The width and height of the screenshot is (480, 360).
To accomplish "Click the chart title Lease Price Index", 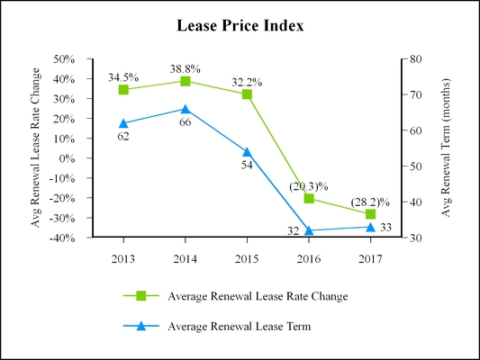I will [x=240, y=26].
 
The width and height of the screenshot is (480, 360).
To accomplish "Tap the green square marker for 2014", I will [x=186, y=81].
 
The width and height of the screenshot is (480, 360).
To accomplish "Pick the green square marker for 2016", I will [x=309, y=198].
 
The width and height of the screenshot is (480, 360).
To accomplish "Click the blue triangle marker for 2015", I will [x=247, y=152].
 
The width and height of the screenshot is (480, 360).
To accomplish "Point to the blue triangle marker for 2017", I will [x=370, y=227].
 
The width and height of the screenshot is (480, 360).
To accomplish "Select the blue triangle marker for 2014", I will [x=186, y=109].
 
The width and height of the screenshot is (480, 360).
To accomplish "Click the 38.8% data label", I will [x=185, y=68].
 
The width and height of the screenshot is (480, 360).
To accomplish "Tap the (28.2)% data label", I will [x=370, y=202].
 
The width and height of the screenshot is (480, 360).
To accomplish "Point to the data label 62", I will [x=123, y=136].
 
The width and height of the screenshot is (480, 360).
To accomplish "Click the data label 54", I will [x=247, y=166].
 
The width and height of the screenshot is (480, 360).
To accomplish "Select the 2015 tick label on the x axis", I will [x=247, y=258].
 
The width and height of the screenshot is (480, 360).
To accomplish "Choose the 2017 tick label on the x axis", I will [x=370, y=258].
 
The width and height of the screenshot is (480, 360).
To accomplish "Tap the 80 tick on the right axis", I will [x=415, y=59].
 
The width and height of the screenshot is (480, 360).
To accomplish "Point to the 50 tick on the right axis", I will [x=415, y=166].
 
